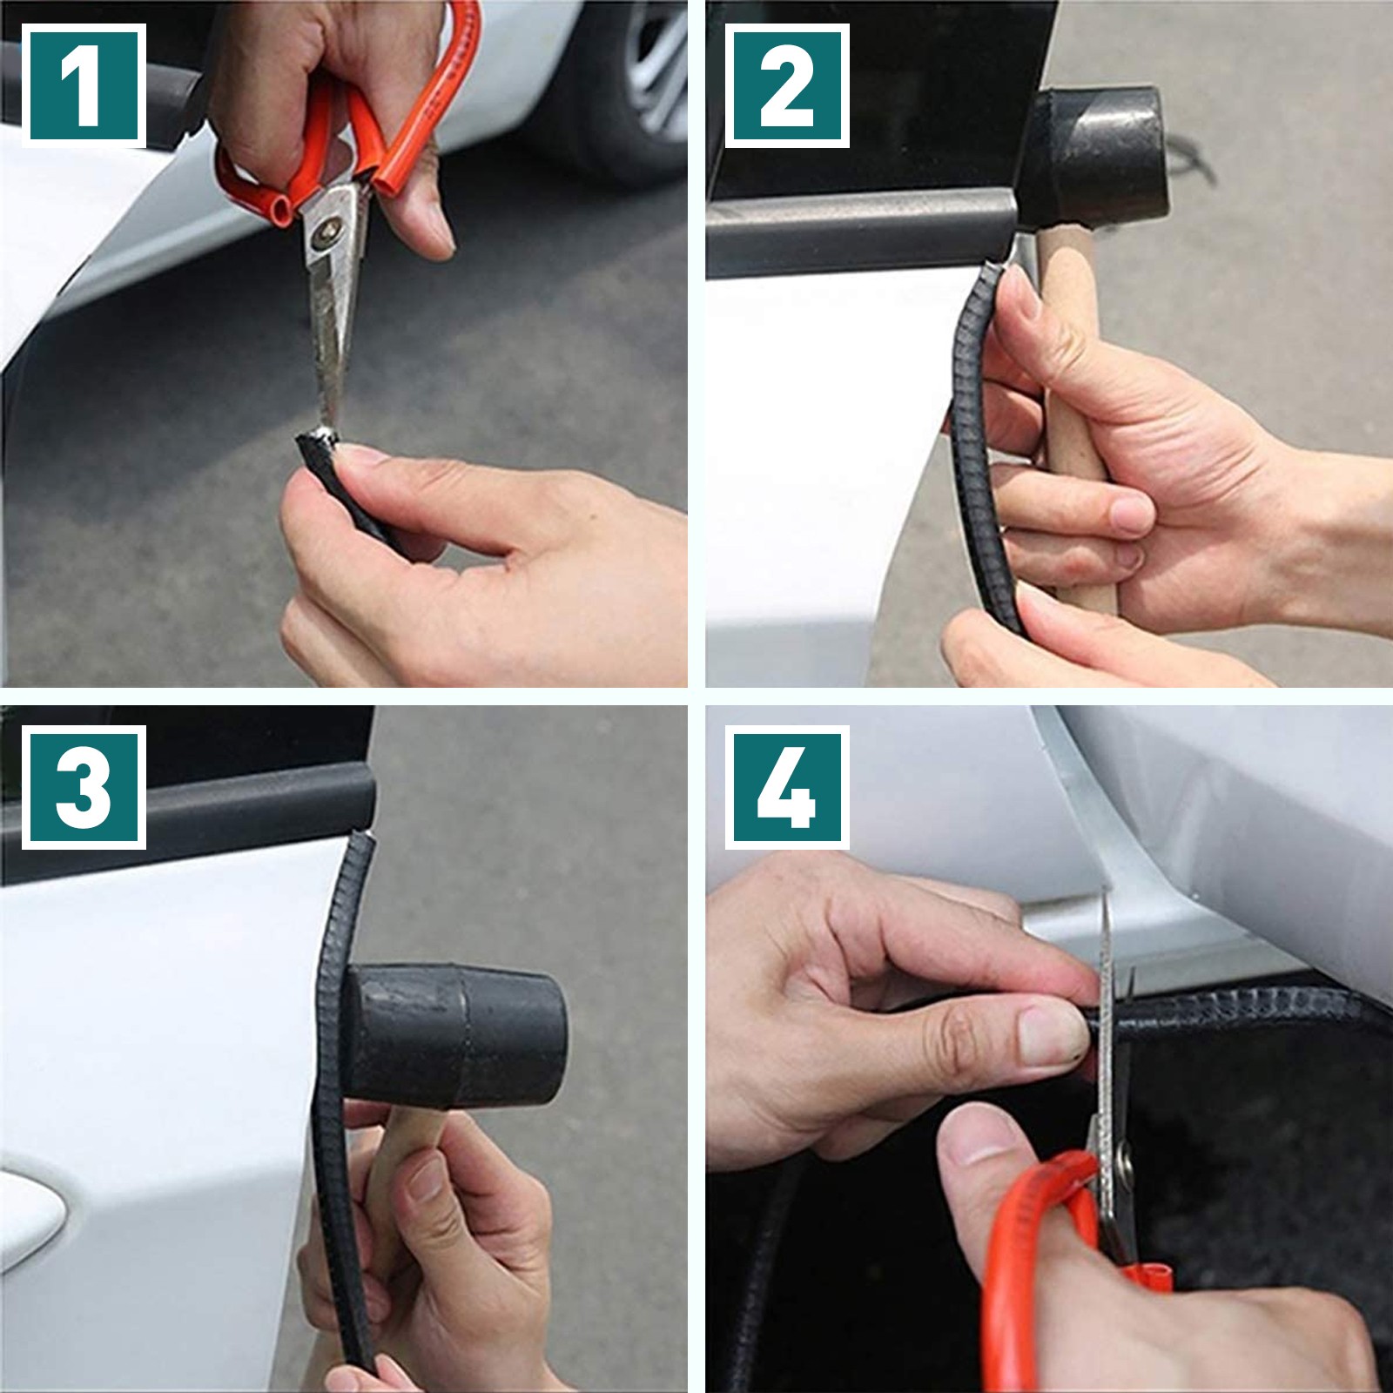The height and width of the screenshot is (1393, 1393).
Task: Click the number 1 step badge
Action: click(x=84, y=85)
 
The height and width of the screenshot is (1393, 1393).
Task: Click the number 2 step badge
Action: click(x=787, y=85)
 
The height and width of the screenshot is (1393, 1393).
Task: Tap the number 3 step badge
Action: click(x=84, y=787)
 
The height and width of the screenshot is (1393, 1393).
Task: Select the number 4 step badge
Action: click(x=787, y=787)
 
